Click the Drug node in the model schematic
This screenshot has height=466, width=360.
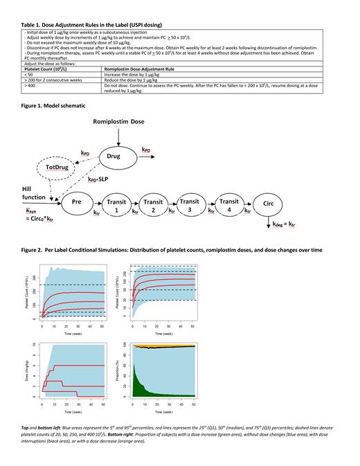click(x=114, y=156)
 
